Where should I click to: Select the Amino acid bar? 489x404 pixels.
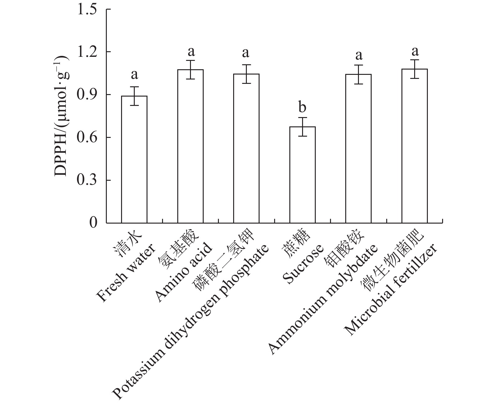(190, 146)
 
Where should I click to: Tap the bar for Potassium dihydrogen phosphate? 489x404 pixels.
(246, 148)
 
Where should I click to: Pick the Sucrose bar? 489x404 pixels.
(302, 175)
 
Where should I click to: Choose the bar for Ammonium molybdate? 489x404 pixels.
(358, 148)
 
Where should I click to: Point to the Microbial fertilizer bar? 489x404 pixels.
(414, 146)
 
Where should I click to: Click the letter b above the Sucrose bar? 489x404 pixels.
(302, 107)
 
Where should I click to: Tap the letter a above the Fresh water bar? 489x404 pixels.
(134, 75)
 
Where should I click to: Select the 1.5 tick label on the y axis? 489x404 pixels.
(88, 9)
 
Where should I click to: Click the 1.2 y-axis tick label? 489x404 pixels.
(88, 52)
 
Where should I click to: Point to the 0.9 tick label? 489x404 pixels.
(88, 95)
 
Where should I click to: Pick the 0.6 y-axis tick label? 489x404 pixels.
(88, 138)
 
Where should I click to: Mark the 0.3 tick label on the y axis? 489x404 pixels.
(88, 180)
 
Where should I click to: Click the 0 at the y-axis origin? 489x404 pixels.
(93, 223)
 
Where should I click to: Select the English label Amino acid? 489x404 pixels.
(183, 273)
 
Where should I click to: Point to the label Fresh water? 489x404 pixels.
(126, 273)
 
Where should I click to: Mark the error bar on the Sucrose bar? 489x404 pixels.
(302, 127)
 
